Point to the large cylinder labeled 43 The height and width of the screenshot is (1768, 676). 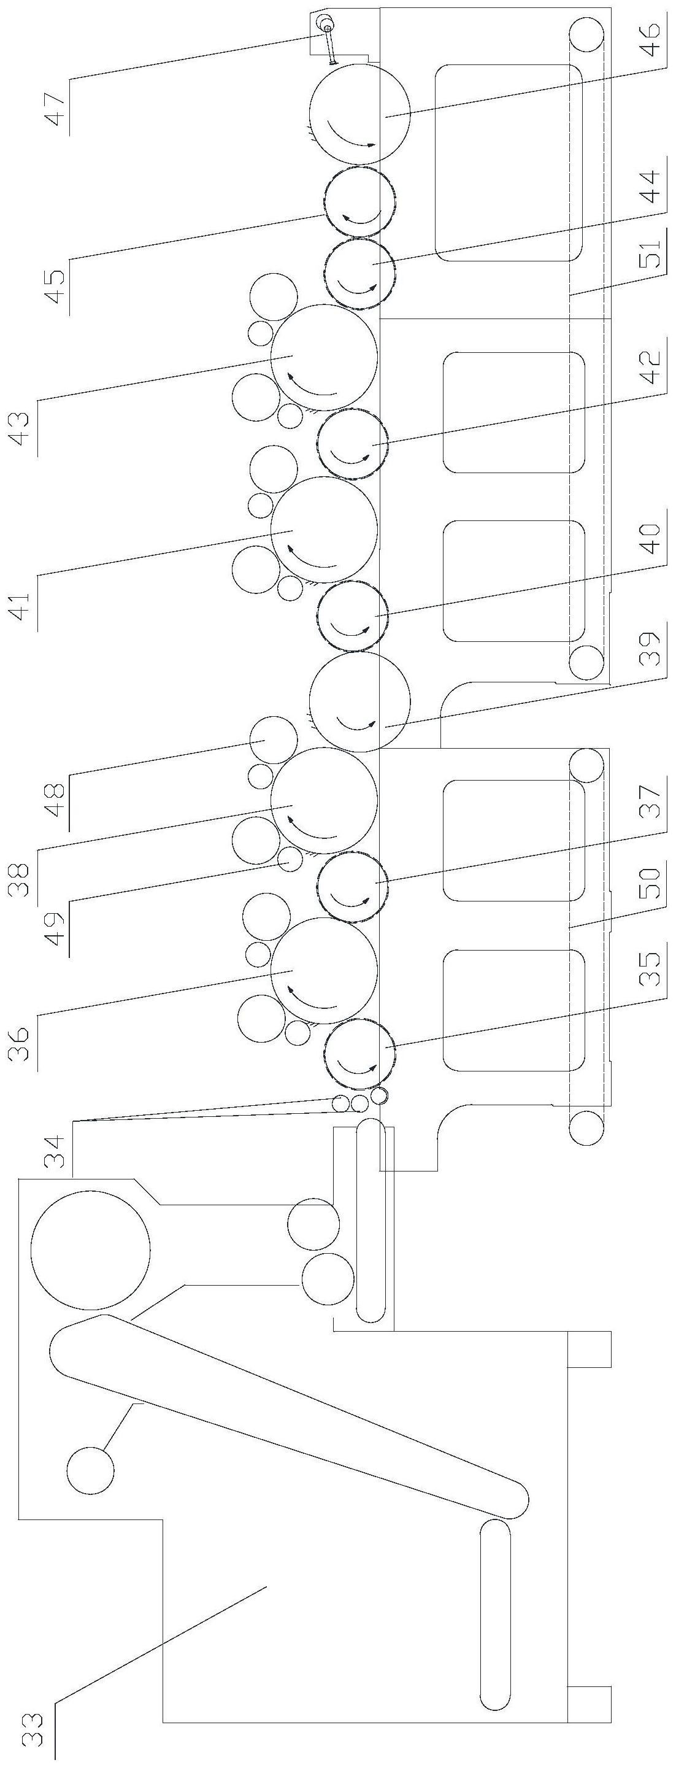point(324,358)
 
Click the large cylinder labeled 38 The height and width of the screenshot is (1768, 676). point(324,800)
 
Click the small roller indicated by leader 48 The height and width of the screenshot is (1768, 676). point(273,740)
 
